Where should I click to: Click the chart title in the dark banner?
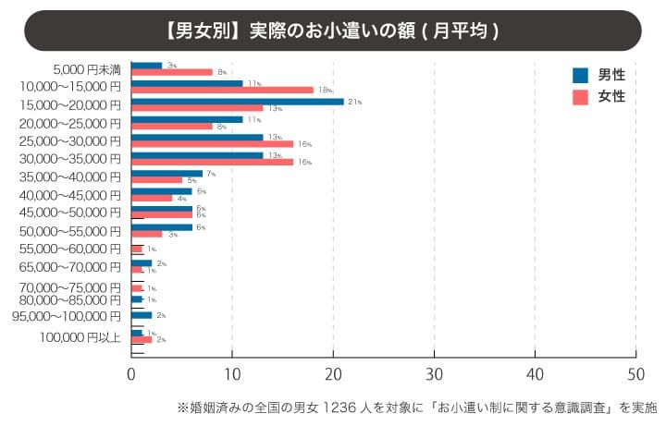click(x=333, y=30)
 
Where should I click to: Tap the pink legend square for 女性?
click(x=581, y=96)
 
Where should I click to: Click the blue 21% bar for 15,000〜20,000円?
click(x=237, y=102)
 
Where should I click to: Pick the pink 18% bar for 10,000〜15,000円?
click(x=222, y=90)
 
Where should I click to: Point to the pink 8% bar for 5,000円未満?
click(x=172, y=71)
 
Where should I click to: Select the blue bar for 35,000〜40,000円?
click(x=166, y=173)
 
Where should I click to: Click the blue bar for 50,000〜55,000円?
click(x=161, y=226)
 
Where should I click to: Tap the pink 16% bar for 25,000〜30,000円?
click(x=212, y=143)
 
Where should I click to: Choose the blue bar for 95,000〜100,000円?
click(x=142, y=315)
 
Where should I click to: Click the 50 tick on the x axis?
click(x=635, y=375)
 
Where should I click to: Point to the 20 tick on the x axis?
click(x=333, y=375)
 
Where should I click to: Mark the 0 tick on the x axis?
click(x=131, y=375)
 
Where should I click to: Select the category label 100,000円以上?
click(x=80, y=336)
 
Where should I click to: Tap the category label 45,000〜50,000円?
click(x=69, y=213)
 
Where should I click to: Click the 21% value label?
click(x=354, y=102)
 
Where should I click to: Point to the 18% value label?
click(x=325, y=90)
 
